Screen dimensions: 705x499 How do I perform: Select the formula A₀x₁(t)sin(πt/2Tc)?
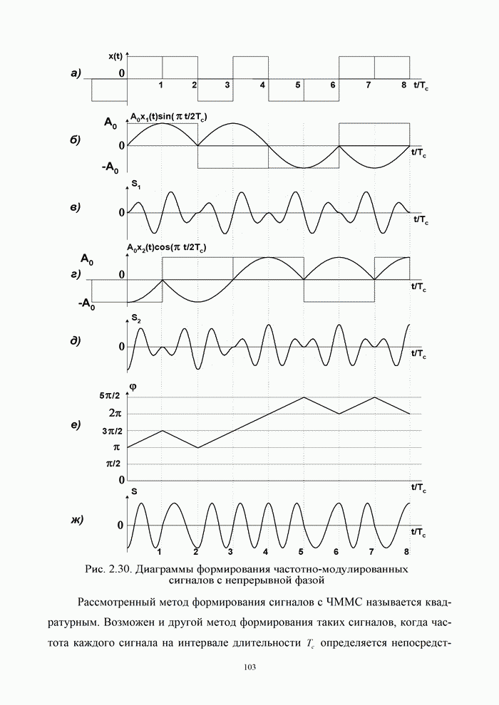pos(168,116)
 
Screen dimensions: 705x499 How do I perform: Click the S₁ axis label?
pos(135,187)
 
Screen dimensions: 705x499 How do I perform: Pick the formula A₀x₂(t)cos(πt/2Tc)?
pos(168,248)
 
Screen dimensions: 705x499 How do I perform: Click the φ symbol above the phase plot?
pos(132,387)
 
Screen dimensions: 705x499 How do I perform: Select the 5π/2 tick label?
pos(110,397)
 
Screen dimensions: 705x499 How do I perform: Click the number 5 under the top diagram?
pos(298,85)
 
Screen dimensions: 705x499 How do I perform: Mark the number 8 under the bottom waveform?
pos(406,552)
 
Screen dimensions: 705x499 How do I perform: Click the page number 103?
pos(249,667)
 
